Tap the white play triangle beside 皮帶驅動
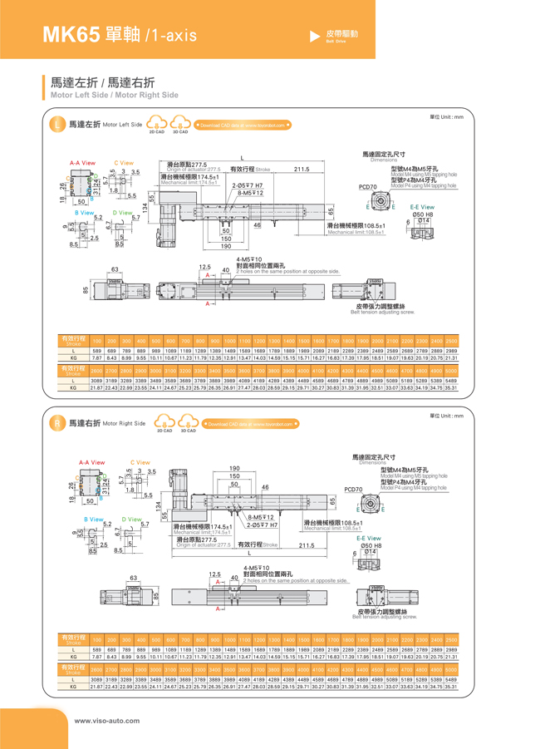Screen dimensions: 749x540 [x=314, y=36]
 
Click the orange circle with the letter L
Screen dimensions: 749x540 [x=56, y=125]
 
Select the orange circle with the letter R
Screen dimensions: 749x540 [x=56, y=423]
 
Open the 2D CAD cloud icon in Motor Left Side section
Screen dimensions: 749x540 [x=156, y=124]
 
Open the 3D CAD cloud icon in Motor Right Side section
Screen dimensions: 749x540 [x=188, y=421]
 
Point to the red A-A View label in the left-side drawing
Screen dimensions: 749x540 [x=82, y=163]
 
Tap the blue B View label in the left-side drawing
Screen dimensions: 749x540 [x=83, y=213]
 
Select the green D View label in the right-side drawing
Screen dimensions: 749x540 [x=132, y=519]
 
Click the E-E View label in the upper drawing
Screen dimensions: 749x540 [x=421, y=207]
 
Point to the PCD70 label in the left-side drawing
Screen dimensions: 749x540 [x=367, y=187]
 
